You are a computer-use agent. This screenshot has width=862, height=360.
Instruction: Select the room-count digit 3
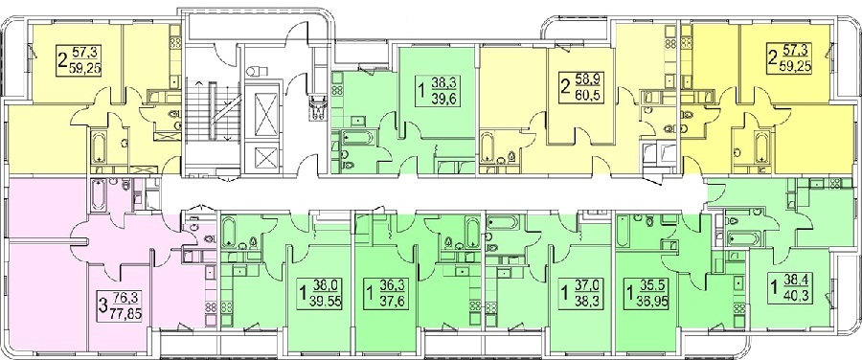[x=102, y=306]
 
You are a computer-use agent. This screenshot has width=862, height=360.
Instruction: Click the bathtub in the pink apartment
[x=100, y=194]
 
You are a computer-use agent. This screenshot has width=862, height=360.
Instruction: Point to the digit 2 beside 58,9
[x=564, y=88]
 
